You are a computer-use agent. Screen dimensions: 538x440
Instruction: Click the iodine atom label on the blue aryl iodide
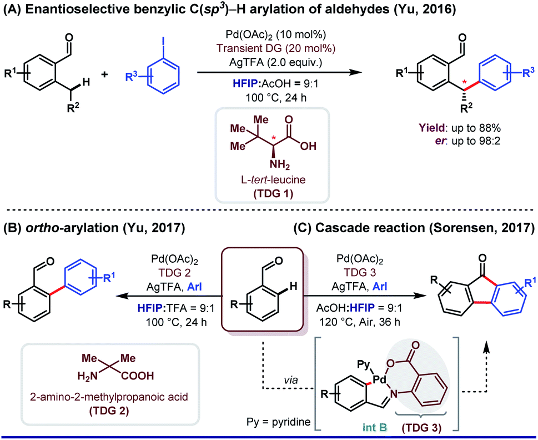point(163,41)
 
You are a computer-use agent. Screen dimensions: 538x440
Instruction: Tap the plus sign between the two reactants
point(104,74)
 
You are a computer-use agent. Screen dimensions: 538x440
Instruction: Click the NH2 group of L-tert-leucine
point(280,164)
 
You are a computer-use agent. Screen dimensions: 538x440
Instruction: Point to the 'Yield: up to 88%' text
point(459,128)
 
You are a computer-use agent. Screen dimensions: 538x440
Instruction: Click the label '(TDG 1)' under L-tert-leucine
point(273,193)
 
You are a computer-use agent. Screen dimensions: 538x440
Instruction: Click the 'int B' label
point(375,427)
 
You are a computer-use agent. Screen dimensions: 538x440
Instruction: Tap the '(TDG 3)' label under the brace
point(421,427)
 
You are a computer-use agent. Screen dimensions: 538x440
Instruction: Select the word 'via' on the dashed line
point(290,380)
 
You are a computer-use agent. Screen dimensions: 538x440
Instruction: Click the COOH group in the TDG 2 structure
point(137,376)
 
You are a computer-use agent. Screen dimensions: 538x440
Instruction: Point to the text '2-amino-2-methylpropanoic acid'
point(109,397)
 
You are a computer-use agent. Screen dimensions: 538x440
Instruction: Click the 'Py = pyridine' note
point(278,422)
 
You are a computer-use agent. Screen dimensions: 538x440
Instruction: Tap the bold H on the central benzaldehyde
point(293,286)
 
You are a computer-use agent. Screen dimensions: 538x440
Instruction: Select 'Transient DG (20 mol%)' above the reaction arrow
point(276,48)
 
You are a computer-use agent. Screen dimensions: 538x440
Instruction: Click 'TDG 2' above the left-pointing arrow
point(174,273)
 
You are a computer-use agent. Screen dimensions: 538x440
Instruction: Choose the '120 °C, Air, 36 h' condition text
point(360,322)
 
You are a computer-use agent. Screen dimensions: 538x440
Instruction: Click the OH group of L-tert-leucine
point(308,147)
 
